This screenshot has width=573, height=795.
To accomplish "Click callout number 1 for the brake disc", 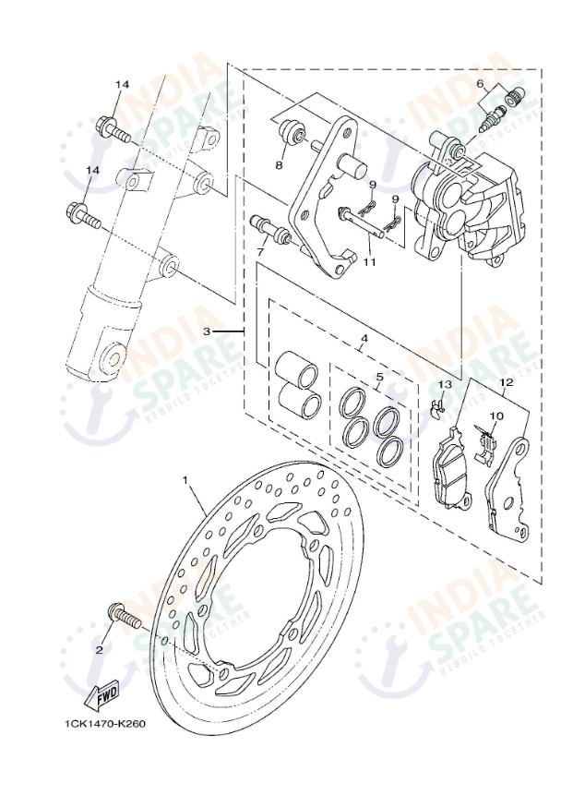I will coord(185,480).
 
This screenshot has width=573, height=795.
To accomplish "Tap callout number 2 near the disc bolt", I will coord(99,649).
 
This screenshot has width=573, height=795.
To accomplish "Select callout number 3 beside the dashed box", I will coord(208,330).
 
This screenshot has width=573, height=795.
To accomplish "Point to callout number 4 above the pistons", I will coord(364,339).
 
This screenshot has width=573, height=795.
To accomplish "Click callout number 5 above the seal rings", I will coord(378,377).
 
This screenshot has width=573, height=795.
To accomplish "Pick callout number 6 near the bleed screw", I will coord(480,84).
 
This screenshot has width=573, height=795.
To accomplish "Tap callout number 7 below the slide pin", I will coord(261,251).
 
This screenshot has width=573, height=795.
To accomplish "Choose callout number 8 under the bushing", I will coord(278,165).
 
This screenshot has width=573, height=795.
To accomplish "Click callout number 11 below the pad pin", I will coord(370,262).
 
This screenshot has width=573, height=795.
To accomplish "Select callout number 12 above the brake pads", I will coord(506,381).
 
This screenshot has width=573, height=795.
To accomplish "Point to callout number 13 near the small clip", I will coord(445,383).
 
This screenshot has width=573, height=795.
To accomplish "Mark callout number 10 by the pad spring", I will coord(496,416).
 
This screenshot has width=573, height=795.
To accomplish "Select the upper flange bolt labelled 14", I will coord(112,128).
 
